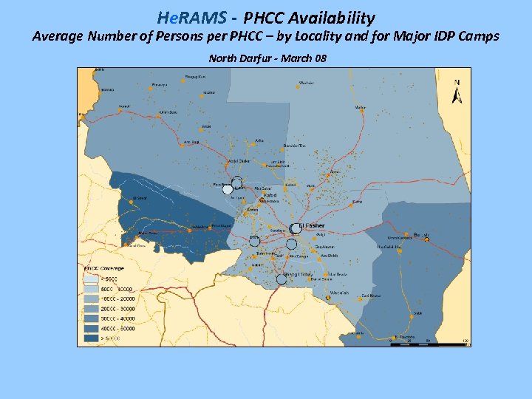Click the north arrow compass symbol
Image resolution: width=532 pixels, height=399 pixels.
(x=457, y=92)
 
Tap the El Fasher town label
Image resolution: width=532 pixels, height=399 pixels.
(x=313, y=225)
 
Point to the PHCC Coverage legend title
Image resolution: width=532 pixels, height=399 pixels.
(x=104, y=268)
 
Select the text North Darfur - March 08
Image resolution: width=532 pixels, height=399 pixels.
(x=267, y=58)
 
